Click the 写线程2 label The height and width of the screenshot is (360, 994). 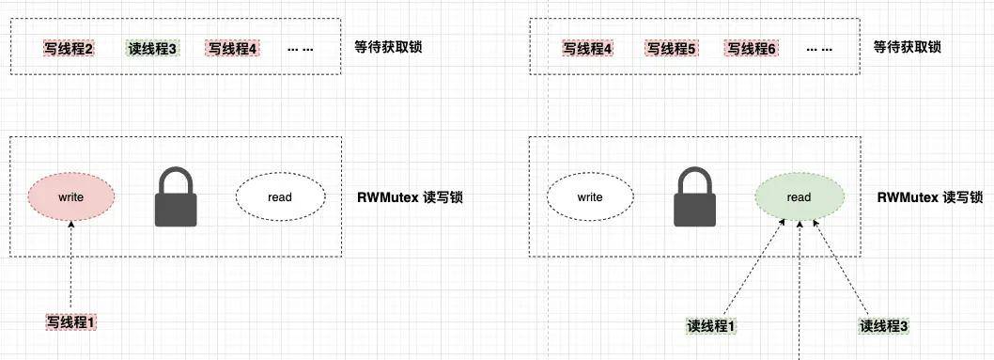click(69, 48)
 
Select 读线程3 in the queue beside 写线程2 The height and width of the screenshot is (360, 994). click(151, 48)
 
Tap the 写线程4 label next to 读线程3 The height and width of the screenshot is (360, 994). click(231, 48)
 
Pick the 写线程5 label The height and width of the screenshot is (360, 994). click(670, 48)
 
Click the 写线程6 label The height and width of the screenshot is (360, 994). click(750, 48)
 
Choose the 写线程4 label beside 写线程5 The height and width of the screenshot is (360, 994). click(588, 48)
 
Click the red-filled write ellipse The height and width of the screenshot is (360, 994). click(71, 197)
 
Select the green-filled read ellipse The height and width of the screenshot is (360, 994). click(799, 197)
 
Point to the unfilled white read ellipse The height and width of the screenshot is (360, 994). click(280, 197)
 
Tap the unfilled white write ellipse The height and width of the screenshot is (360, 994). click(590, 197)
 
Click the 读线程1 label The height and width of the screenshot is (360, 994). click(711, 326)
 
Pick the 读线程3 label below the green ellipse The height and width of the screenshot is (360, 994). click(884, 326)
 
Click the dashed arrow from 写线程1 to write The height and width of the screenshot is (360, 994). click(71, 268)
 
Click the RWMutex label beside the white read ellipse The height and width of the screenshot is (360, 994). click(410, 198)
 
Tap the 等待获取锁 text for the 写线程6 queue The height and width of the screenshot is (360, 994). click(907, 47)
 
